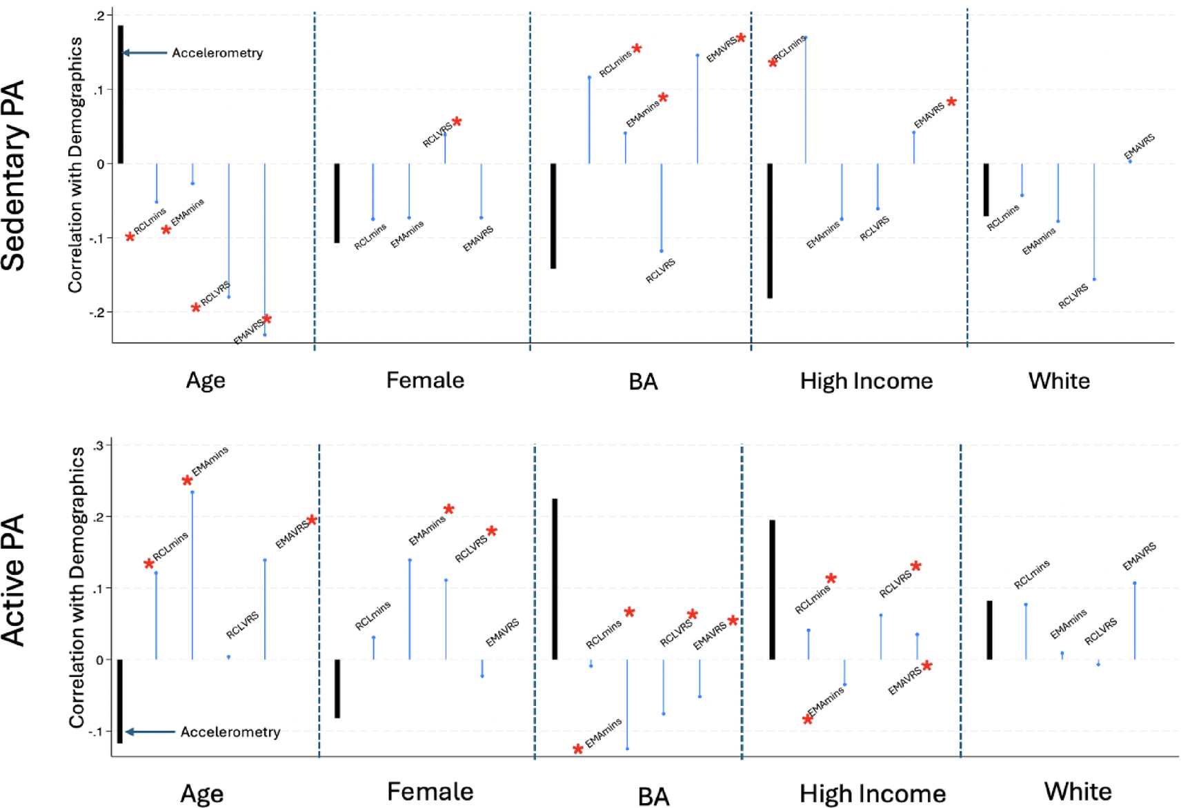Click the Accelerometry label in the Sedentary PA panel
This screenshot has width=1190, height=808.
tap(217, 53)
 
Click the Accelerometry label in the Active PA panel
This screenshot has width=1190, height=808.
tap(230, 731)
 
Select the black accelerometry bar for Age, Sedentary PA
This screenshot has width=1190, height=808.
tap(121, 94)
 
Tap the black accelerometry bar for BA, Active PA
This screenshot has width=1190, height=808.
tap(555, 579)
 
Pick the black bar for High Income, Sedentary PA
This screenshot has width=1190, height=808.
tap(770, 230)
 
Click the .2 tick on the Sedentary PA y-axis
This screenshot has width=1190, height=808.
tap(101, 15)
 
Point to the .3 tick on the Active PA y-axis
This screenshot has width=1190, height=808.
tap(98, 445)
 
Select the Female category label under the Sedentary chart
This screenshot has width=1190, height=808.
tap(425, 380)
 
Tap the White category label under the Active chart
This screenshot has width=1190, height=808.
tap(1078, 791)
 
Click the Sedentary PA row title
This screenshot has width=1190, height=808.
tap(14, 175)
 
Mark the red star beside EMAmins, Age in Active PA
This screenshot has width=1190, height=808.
tap(187, 481)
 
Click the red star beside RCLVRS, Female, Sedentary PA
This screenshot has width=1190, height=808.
tap(457, 121)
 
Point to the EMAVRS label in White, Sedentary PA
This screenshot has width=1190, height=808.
tap(1139, 147)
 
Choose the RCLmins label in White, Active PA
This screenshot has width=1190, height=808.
tap(1031, 574)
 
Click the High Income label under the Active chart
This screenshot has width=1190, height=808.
tap(872, 794)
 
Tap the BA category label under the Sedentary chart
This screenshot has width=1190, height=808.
tap(643, 381)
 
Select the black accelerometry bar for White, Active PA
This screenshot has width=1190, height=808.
tap(989, 629)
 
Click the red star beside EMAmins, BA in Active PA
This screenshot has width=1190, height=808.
tap(578, 749)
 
